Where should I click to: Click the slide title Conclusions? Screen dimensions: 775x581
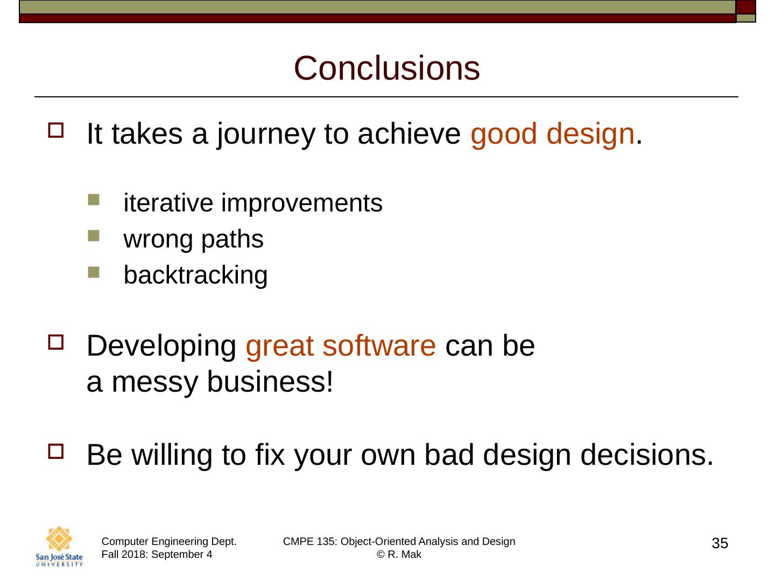click(386, 68)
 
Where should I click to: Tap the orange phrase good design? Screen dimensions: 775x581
click(553, 134)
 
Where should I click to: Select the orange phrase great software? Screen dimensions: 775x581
click(341, 347)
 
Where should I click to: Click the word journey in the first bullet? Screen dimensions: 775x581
click(265, 134)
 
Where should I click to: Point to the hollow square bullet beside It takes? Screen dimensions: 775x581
click(56, 130)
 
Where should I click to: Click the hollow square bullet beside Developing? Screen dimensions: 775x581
click(56, 342)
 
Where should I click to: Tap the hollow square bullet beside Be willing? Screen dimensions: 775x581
click(56, 451)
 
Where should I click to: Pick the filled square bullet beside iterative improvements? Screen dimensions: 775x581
click(94, 200)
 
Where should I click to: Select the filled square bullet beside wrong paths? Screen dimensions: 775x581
click(94, 236)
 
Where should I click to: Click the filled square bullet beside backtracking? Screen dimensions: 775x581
click(94, 272)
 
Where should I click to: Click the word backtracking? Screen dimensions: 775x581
click(195, 275)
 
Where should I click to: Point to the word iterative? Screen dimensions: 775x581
click(168, 203)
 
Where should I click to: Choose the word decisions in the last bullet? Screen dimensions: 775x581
click(646, 455)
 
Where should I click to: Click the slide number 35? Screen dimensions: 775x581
click(720, 543)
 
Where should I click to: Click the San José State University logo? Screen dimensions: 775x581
click(59, 546)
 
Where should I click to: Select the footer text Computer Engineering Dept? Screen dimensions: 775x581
click(169, 542)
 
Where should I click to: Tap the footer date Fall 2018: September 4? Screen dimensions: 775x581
click(157, 554)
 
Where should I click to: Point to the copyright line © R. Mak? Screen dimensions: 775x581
click(399, 554)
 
